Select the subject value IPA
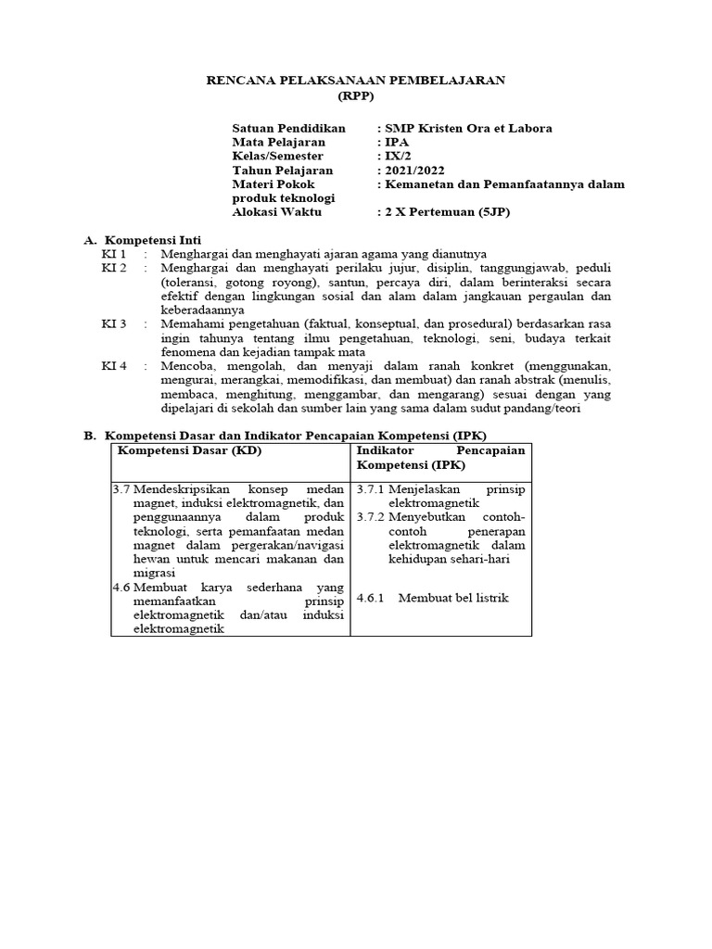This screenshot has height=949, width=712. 396,143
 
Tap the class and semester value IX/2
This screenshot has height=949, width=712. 399,157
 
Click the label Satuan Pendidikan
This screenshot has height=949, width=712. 288,128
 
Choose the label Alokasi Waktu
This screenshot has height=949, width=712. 277,212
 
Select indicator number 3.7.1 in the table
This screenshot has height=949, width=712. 371,488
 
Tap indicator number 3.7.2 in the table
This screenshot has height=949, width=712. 371,516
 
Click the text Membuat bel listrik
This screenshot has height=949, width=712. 453,598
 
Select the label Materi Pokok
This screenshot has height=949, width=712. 273,184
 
